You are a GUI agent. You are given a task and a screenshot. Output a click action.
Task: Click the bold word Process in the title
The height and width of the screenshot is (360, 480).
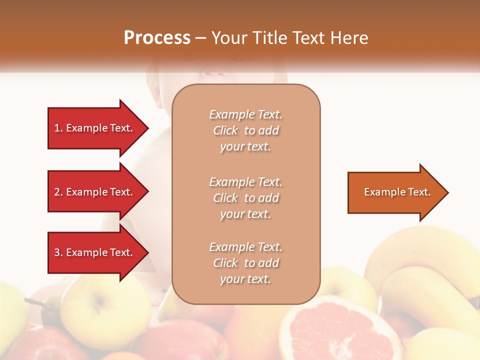click(157, 38)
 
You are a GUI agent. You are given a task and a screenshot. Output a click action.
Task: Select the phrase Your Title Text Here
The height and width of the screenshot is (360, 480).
click(289, 38)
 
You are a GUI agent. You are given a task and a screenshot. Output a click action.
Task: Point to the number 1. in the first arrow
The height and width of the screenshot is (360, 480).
click(58, 128)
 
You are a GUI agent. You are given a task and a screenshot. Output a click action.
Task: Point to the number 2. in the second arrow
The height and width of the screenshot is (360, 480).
click(58, 192)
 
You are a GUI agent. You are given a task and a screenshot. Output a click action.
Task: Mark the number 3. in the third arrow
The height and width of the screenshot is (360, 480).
click(58, 252)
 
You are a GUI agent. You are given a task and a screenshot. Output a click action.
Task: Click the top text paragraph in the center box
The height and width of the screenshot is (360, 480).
click(245, 130)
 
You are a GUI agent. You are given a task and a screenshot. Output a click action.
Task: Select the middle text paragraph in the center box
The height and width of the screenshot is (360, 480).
click(245, 198)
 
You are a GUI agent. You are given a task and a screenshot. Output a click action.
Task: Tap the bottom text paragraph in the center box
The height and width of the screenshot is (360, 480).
click(245, 263)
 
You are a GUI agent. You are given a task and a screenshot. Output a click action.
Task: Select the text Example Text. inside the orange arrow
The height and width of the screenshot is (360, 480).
click(397, 192)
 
